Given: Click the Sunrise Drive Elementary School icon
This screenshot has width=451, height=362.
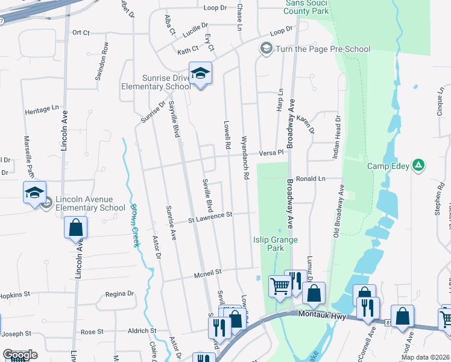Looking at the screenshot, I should (200, 74).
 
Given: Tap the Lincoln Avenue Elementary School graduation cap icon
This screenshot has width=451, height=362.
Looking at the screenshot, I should (34, 192).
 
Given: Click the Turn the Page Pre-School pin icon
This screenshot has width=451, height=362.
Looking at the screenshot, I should (265, 48).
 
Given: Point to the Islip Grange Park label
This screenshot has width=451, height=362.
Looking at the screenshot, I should (275, 244).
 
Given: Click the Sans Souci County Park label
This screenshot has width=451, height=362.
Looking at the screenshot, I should (307, 7).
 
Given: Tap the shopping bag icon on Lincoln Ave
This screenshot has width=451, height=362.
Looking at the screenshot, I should (76, 228).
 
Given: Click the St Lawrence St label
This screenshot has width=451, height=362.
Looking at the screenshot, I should (210, 215).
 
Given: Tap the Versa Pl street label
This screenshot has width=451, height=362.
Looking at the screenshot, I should (271, 153).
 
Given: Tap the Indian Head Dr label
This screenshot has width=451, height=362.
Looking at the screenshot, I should (336, 137).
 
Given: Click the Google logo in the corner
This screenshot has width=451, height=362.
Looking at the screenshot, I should (20, 355).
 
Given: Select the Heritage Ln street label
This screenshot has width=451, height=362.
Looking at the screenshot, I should (44, 112).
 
